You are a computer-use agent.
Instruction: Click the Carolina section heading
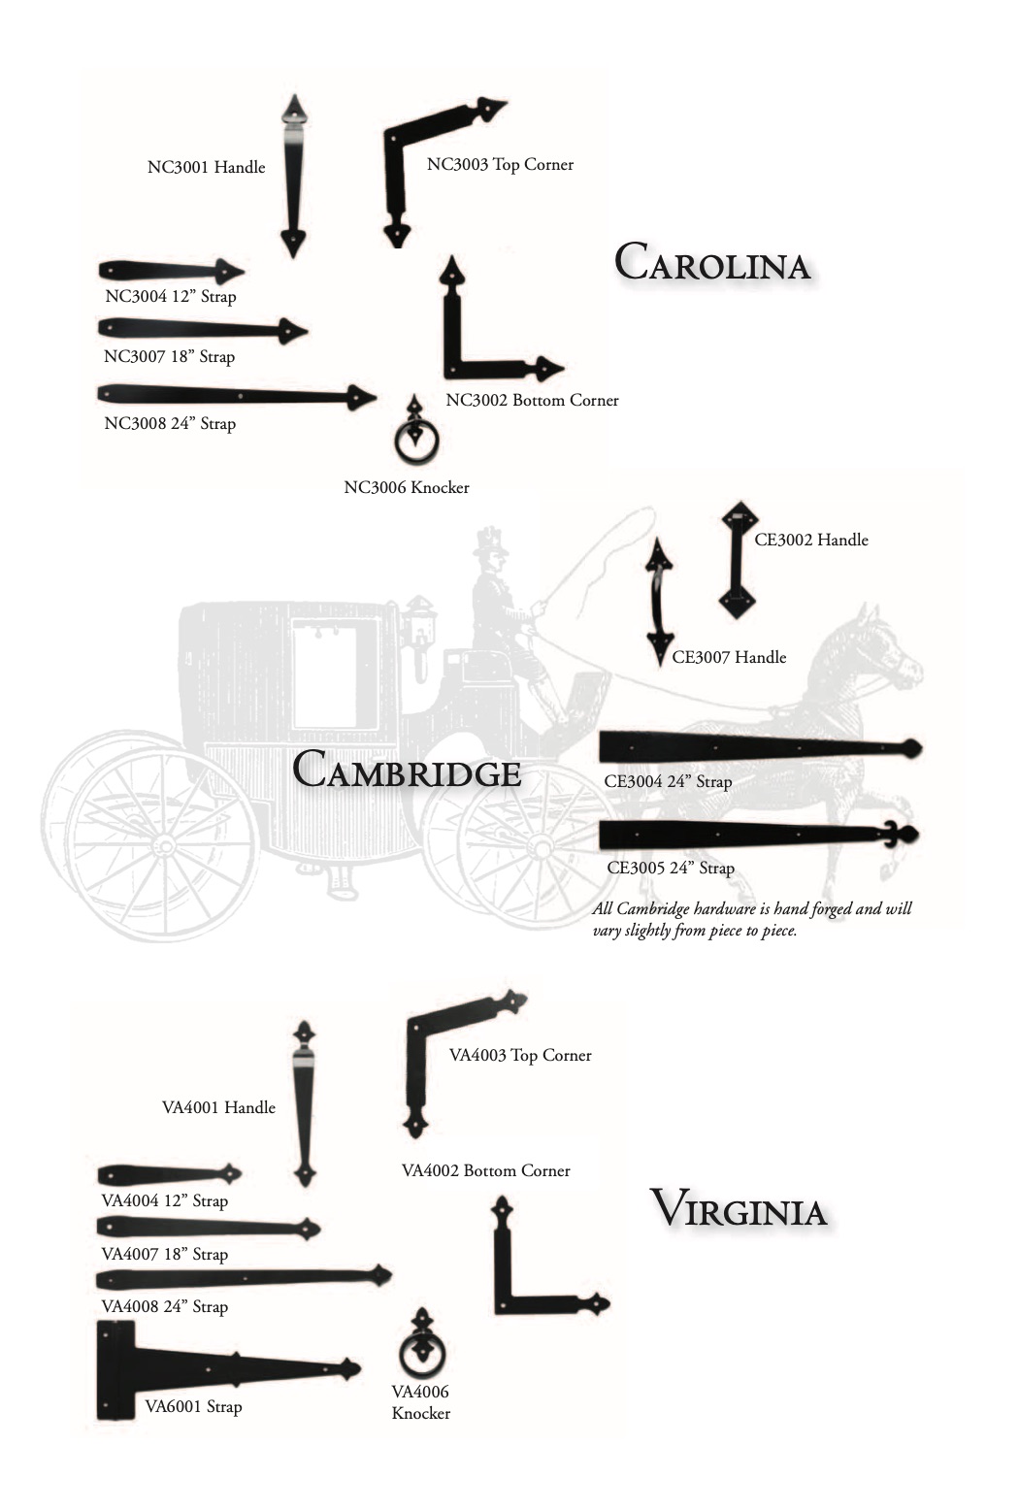tap(711, 262)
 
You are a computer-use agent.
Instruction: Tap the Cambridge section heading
tap(407, 771)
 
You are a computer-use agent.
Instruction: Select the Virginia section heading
tap(738, 1210)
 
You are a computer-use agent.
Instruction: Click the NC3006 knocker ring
tap(416, 443)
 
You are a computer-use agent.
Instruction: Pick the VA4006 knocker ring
tap(422, 1353)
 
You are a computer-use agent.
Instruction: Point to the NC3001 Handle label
tap(206, 167)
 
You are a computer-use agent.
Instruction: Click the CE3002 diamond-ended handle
tap(739, 560)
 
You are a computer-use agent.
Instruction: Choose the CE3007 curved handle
tap(660, 599)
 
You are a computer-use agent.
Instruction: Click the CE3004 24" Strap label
tap(668, 781)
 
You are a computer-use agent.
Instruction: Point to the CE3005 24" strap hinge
tap(757, 835)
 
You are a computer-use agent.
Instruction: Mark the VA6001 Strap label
tap(193, 1406)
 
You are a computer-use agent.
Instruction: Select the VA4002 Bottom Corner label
tap(485, 1170)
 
